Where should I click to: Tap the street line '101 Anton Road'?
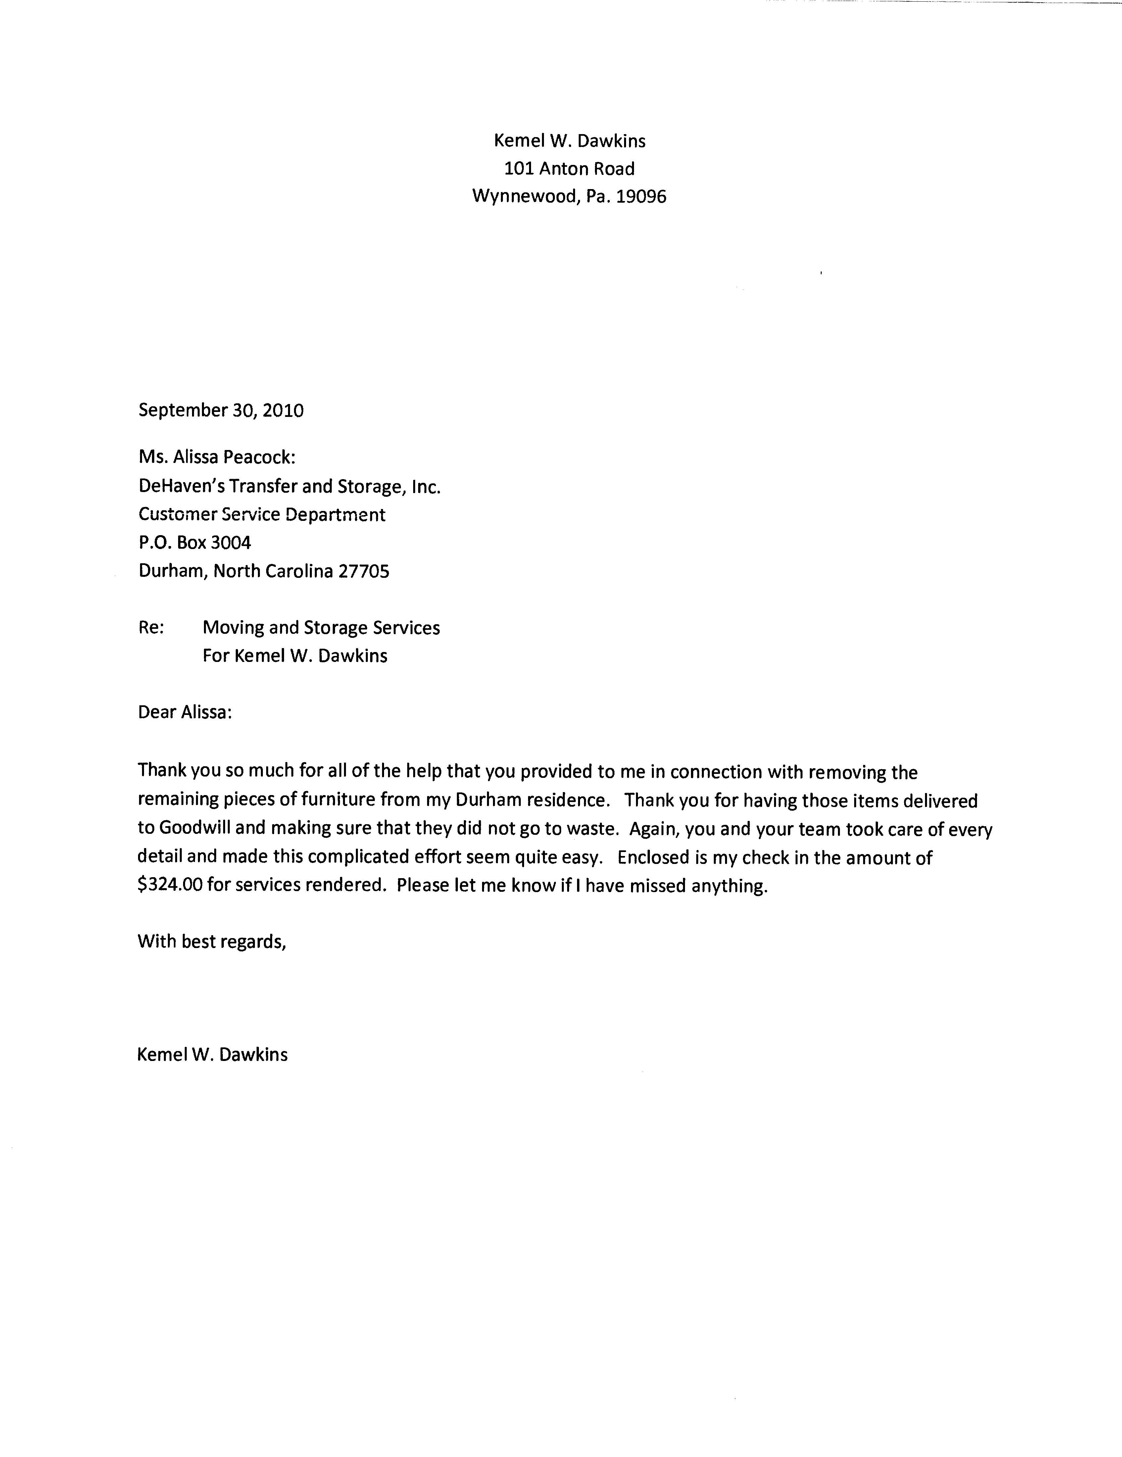pos(569,169)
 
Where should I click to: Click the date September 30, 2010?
pos(221,410)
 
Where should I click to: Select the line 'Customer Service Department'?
pos(262,514)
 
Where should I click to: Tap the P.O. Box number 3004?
pos(231,542)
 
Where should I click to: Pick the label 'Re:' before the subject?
pos(151,628)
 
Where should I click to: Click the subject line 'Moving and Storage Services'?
pos(321,628)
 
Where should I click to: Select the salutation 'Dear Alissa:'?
pos(185,713)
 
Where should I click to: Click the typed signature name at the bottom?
pos(212,1055)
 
